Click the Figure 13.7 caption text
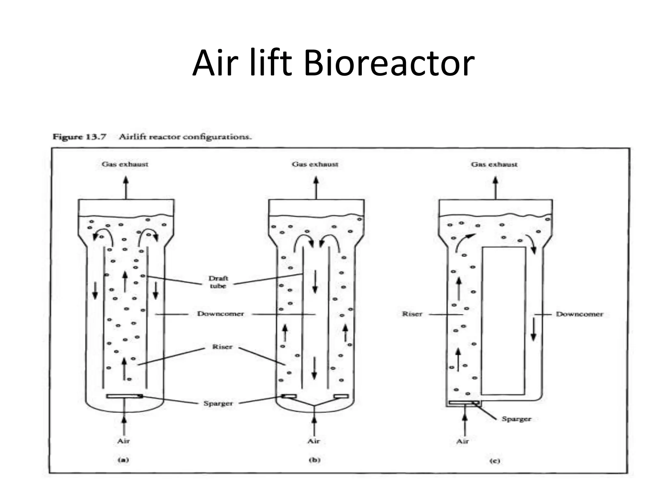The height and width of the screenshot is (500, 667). point(152,137)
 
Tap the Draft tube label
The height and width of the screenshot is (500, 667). point(218,282)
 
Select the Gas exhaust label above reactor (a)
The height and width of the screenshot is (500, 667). point(125,164)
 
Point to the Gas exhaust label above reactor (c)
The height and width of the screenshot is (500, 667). point(494,164)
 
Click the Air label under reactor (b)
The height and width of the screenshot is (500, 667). point(314,441)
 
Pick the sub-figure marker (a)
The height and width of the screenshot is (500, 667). point(123,460)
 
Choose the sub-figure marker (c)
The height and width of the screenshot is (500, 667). point(494,461)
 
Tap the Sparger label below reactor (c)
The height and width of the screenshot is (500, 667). point(516,419)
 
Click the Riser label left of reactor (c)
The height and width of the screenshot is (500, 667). point(412,314)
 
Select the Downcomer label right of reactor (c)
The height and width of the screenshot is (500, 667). point(579,314)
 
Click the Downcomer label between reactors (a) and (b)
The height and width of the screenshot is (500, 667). point(220,314)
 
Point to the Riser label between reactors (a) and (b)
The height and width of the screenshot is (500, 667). point(222,347)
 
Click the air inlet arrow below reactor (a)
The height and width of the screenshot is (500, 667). point(124,423)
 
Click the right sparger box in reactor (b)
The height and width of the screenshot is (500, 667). point(341,396)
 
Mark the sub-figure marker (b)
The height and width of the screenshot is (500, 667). point(314,460)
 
